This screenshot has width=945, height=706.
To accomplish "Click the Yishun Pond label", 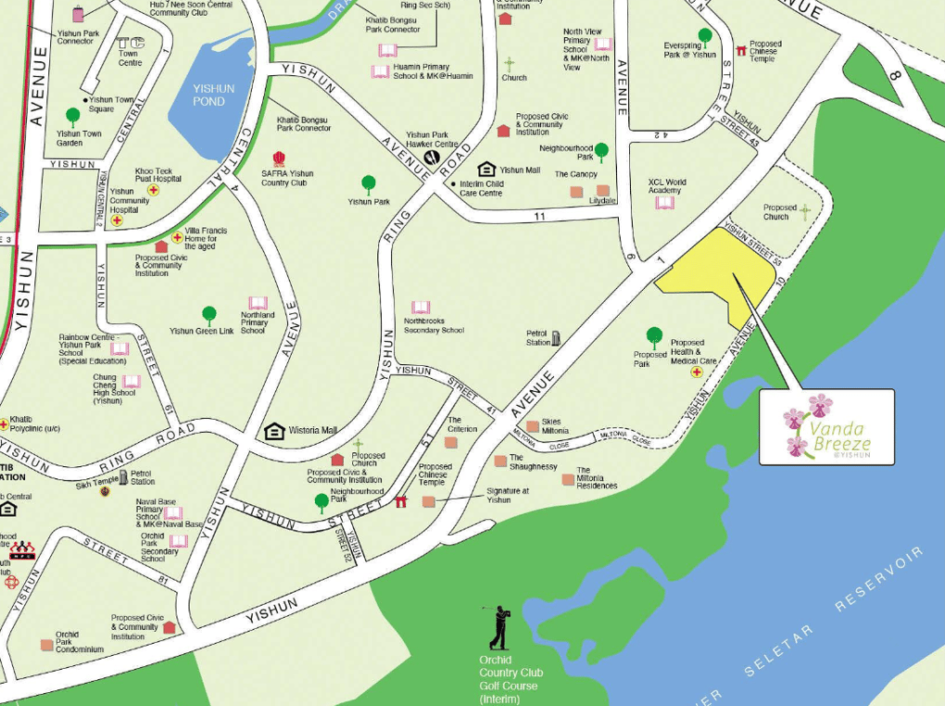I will [213, 95].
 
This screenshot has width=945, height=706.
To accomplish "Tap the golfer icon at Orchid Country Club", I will [498, 628].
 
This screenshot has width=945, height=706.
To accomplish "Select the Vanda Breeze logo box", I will [826, 426].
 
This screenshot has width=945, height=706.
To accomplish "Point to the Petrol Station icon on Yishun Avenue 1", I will [556, 338].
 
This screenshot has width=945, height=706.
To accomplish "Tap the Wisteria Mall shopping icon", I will [274, 431].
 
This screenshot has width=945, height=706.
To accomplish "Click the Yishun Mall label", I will [519, 170].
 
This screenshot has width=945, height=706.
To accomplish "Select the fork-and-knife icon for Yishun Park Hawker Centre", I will [432, 158].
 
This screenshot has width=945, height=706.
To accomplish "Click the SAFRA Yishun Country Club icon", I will [279, 159].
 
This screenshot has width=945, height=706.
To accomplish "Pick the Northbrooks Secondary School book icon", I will [421, 307].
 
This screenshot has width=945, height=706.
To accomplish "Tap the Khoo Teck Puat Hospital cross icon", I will [154, 190].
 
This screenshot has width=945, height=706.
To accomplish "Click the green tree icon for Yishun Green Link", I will [209, 315].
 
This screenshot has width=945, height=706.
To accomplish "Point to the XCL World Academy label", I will [667, 186].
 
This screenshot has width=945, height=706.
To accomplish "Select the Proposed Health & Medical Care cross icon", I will [697, 372].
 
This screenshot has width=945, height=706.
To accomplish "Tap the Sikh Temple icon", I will [105, 490].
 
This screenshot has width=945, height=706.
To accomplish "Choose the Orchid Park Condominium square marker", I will [46, 645].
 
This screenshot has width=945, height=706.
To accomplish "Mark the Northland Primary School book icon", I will [258, 303].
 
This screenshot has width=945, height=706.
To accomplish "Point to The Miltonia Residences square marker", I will [567, 479].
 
